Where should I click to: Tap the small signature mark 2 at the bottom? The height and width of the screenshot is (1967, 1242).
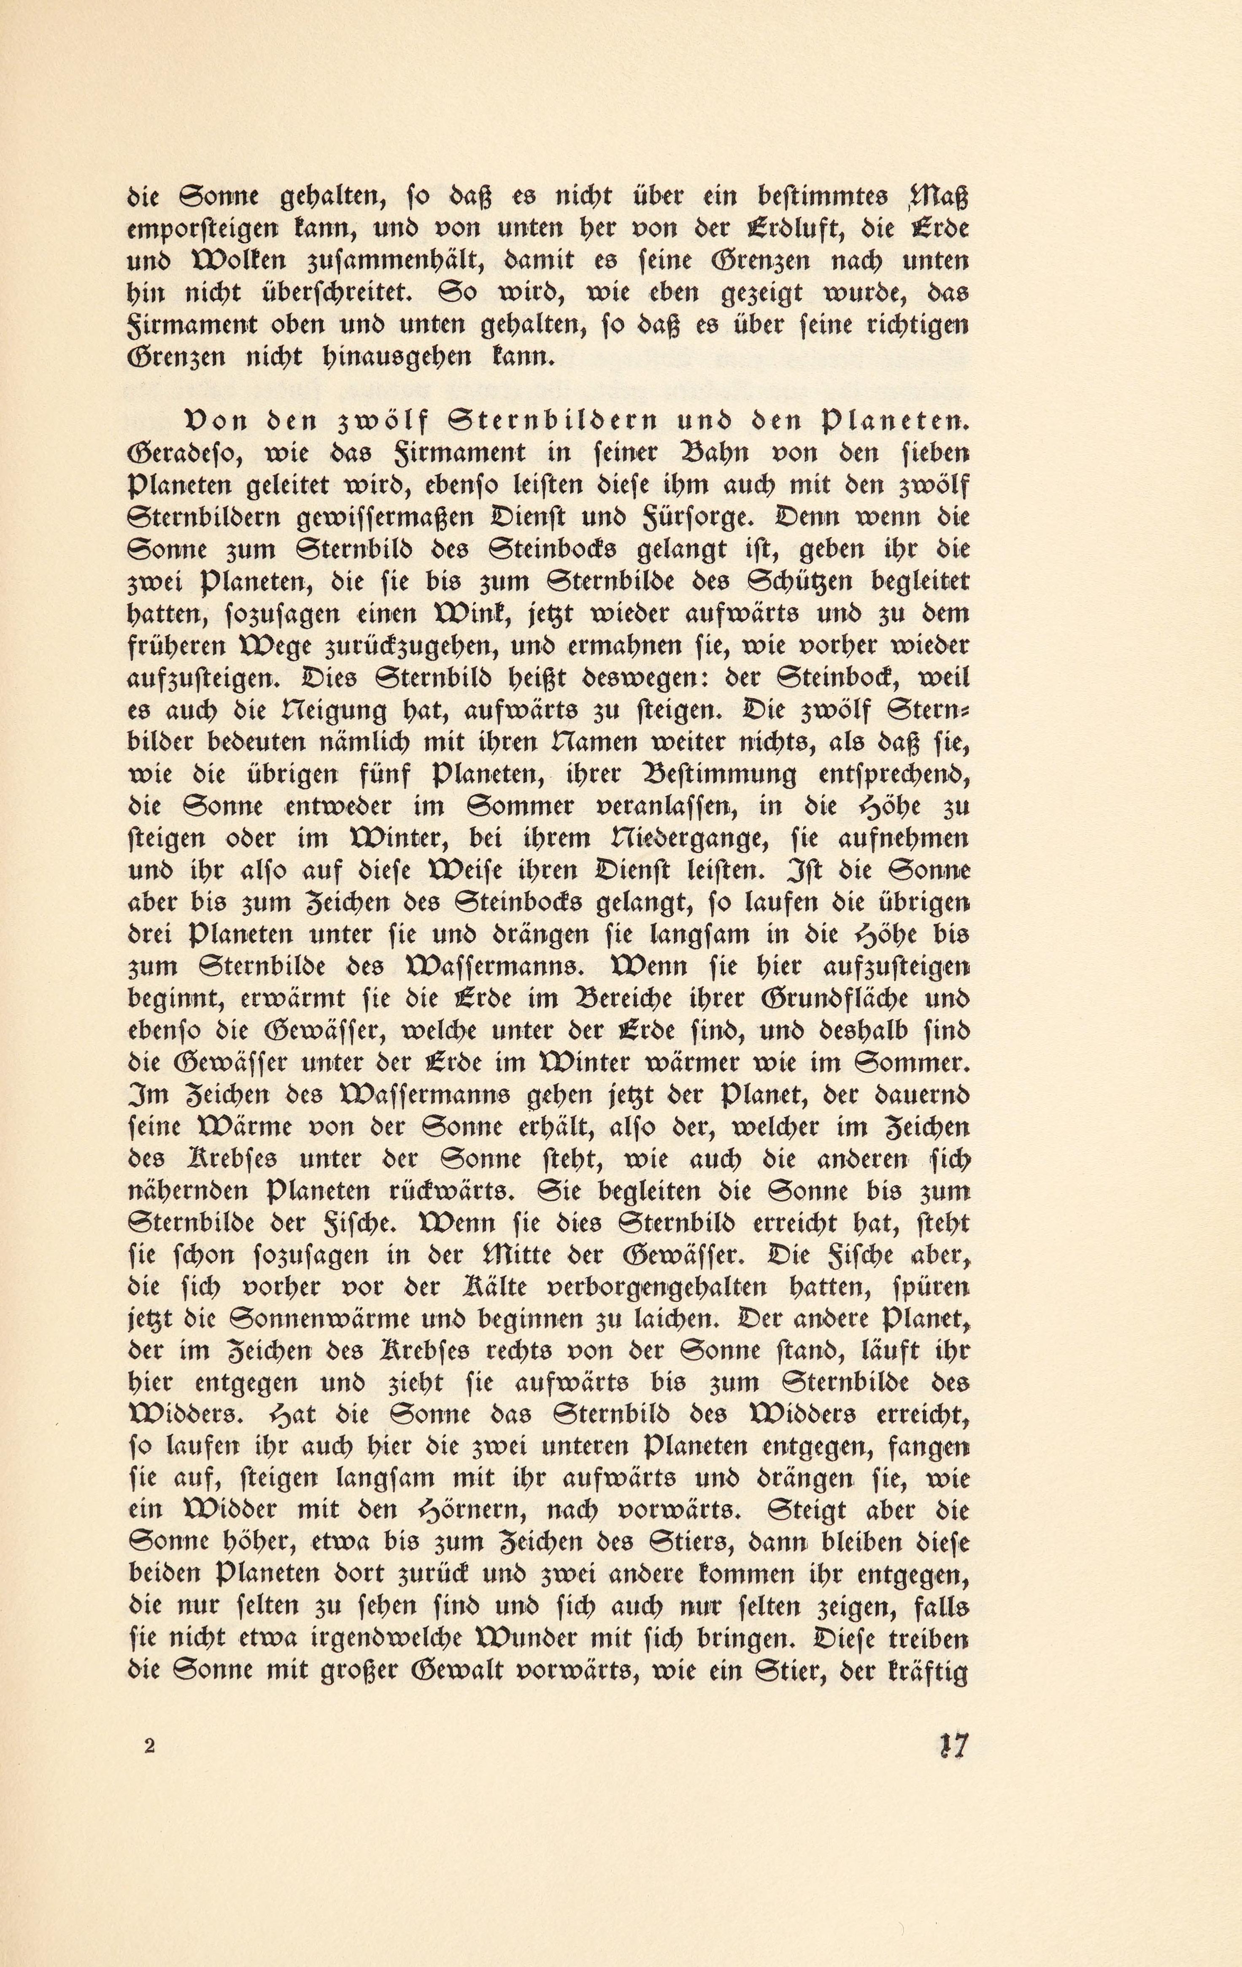(148, 1746)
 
